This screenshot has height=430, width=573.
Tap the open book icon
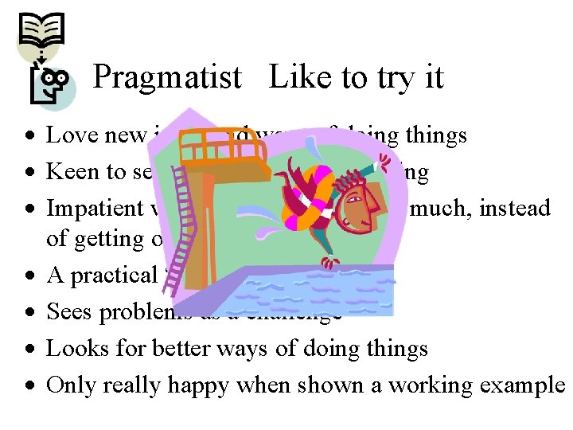(x=41, y=30)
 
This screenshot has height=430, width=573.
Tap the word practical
(x=116, y=276)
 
